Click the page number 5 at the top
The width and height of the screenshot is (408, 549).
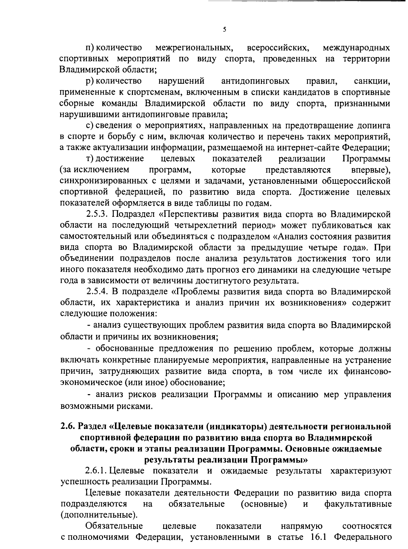coord(224,29)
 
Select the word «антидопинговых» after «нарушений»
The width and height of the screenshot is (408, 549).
coord(255,81)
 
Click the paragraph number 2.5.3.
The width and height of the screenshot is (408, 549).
coord(97,214)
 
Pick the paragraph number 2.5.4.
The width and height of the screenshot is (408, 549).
coord(97,292)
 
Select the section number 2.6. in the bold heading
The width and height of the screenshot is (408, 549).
coord(68,426)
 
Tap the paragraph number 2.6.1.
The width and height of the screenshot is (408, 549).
coord(97,471)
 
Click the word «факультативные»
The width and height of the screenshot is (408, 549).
coord(358,504)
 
